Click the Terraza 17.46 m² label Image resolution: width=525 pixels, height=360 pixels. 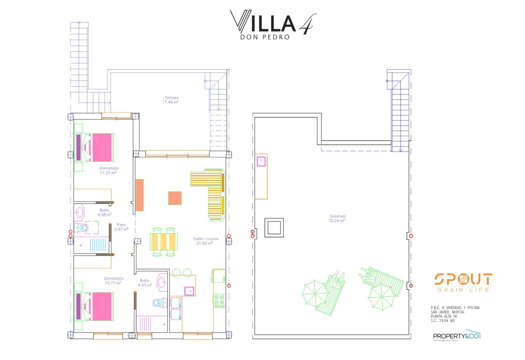coord(170,100)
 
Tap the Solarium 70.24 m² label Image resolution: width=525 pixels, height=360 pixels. coord(338,218)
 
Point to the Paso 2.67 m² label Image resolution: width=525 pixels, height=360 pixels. coord(121,227)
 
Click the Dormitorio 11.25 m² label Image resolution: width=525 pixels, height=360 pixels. coord(109,170)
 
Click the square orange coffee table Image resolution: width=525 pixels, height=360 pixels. coord(175,198)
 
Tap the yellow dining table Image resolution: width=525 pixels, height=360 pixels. coord(163,241)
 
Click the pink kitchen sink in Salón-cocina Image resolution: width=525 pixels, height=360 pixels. coord(189,291)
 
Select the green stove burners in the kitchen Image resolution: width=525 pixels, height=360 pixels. coord(219,300)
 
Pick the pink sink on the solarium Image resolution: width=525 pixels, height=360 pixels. coord(261,161)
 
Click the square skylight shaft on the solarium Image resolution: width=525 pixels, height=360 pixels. coord(274,227)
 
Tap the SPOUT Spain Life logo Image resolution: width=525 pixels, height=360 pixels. coord(463,282)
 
